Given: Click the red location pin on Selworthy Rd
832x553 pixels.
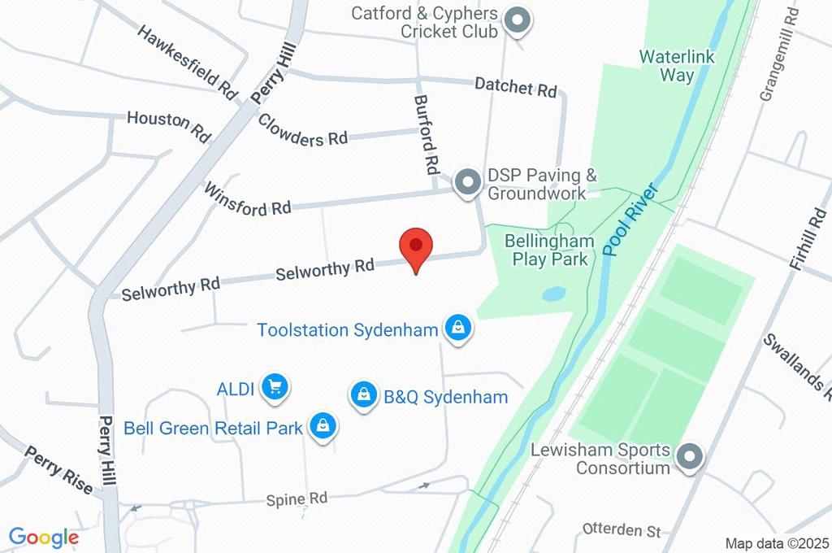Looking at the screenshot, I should coord(416,246).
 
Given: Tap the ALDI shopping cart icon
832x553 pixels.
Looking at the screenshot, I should coord(275,387).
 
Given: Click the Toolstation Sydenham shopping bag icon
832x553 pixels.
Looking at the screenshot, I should coord(458,329).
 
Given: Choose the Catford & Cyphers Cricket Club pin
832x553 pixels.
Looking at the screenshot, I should coord(516,20).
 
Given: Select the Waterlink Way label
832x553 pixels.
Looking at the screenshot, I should coord(666,66).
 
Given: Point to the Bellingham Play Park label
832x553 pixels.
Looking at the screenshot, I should coord(546,250).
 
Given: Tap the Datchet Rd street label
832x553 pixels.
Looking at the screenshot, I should coord(516,86).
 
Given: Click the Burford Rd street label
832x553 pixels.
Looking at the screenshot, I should coord(427,136).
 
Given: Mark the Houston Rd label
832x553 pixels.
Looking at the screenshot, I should coord(168,124).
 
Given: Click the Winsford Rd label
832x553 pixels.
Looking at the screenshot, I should coord(247,200).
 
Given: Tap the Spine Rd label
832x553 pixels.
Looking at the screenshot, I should coord(297,498).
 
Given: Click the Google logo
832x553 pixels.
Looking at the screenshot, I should coord(44,537).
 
